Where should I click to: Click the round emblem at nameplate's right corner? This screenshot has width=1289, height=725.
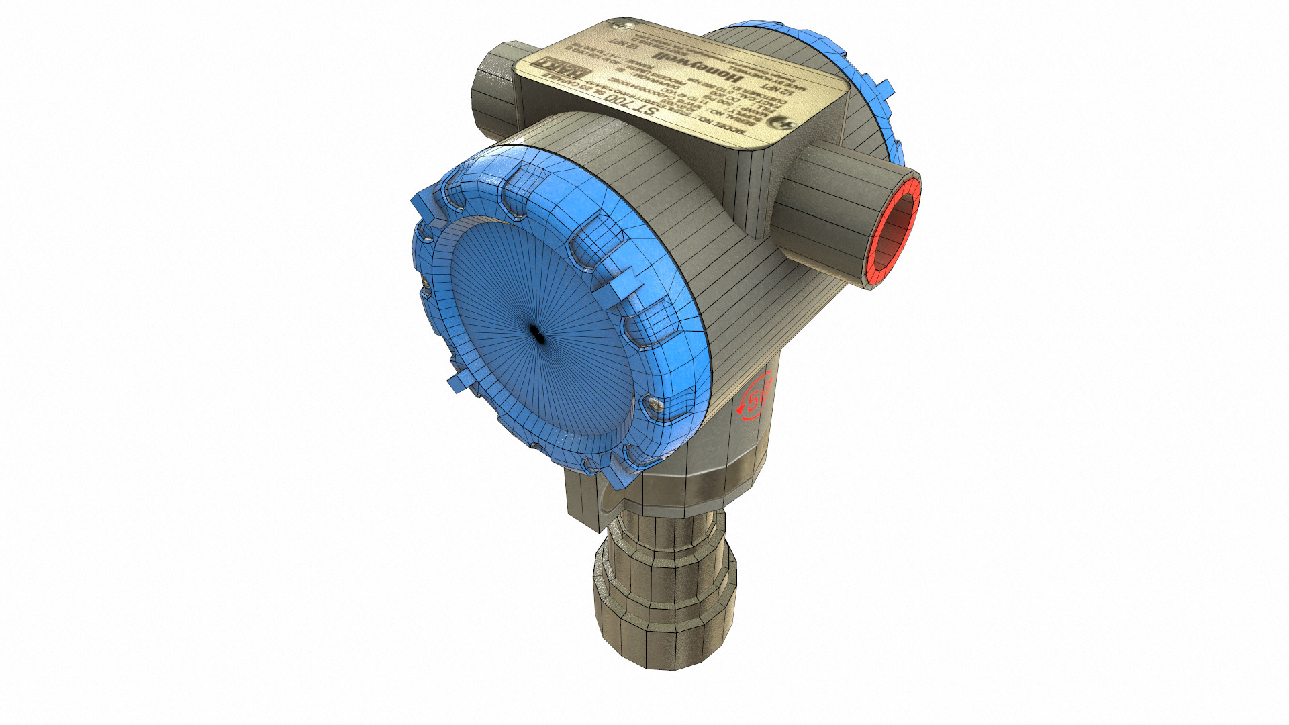(x=784, y=124)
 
